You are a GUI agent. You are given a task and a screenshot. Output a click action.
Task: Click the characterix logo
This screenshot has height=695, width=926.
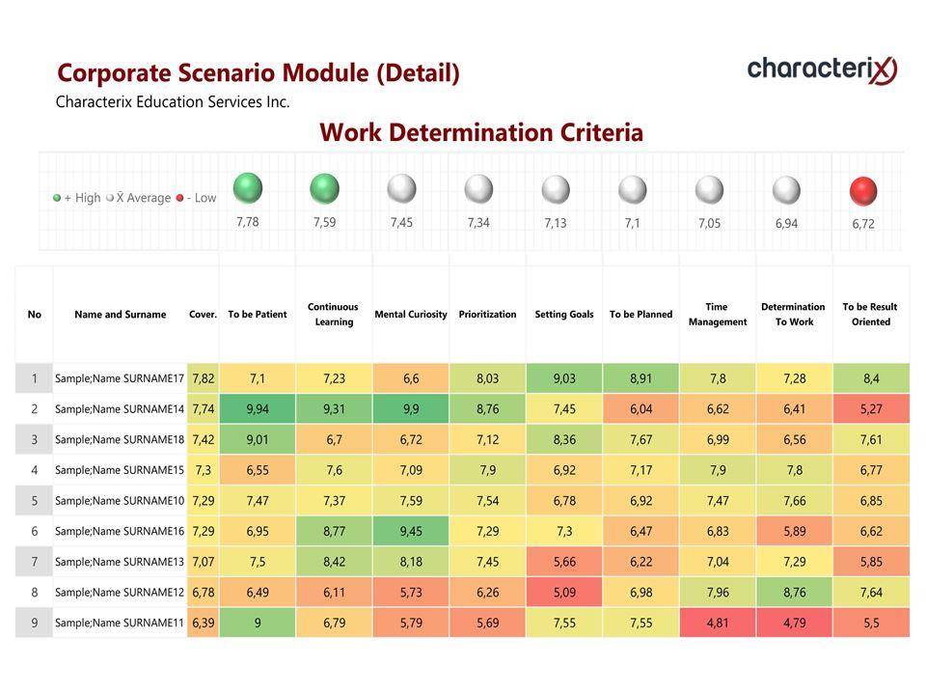(822, 69)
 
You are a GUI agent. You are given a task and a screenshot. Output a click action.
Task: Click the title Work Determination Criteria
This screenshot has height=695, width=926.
(481, 132)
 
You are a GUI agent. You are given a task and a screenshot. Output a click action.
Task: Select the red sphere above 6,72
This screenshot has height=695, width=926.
(863, 191)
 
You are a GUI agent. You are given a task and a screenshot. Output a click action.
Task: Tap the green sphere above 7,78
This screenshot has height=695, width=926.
(248, 188)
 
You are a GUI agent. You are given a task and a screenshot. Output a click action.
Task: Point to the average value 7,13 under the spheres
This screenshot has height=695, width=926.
(555, 223)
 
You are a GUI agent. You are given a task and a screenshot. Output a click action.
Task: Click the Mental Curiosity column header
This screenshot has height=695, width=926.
(411, 315)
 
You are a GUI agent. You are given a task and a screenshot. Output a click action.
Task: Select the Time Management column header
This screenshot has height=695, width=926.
(718, 315)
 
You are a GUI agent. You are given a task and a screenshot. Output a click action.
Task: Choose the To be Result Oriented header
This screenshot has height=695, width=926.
(870, 315)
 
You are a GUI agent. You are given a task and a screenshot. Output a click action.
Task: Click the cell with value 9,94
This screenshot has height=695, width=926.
(258, 409)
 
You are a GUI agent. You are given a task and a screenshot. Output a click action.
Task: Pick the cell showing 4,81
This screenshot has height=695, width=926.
(718, 623)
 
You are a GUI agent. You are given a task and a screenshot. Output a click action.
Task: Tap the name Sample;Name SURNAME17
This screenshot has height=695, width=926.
(120, 378)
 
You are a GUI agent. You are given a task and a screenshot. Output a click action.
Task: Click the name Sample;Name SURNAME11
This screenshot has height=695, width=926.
(120, 623)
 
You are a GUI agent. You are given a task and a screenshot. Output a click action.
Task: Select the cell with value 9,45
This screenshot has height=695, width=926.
(411, 531)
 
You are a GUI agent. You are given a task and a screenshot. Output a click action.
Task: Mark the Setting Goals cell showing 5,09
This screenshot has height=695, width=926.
(564, 592)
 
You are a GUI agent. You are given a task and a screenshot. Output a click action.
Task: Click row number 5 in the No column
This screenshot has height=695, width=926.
(35, 501)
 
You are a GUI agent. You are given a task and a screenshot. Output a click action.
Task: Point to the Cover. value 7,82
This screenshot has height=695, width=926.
(203, 378)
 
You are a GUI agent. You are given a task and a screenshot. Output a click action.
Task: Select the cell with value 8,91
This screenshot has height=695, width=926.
(640, 378)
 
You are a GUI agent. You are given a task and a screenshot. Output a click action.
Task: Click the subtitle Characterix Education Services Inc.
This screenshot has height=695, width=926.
(173, 101)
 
